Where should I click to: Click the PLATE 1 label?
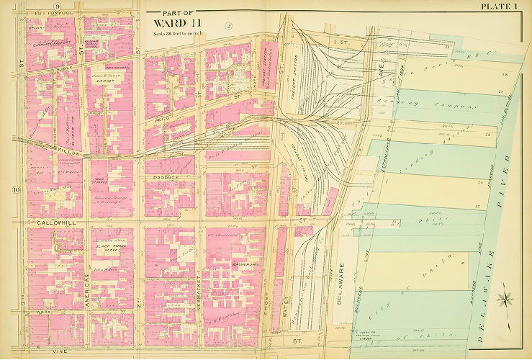pos(501,6)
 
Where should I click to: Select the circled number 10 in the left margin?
pos(15,190)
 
